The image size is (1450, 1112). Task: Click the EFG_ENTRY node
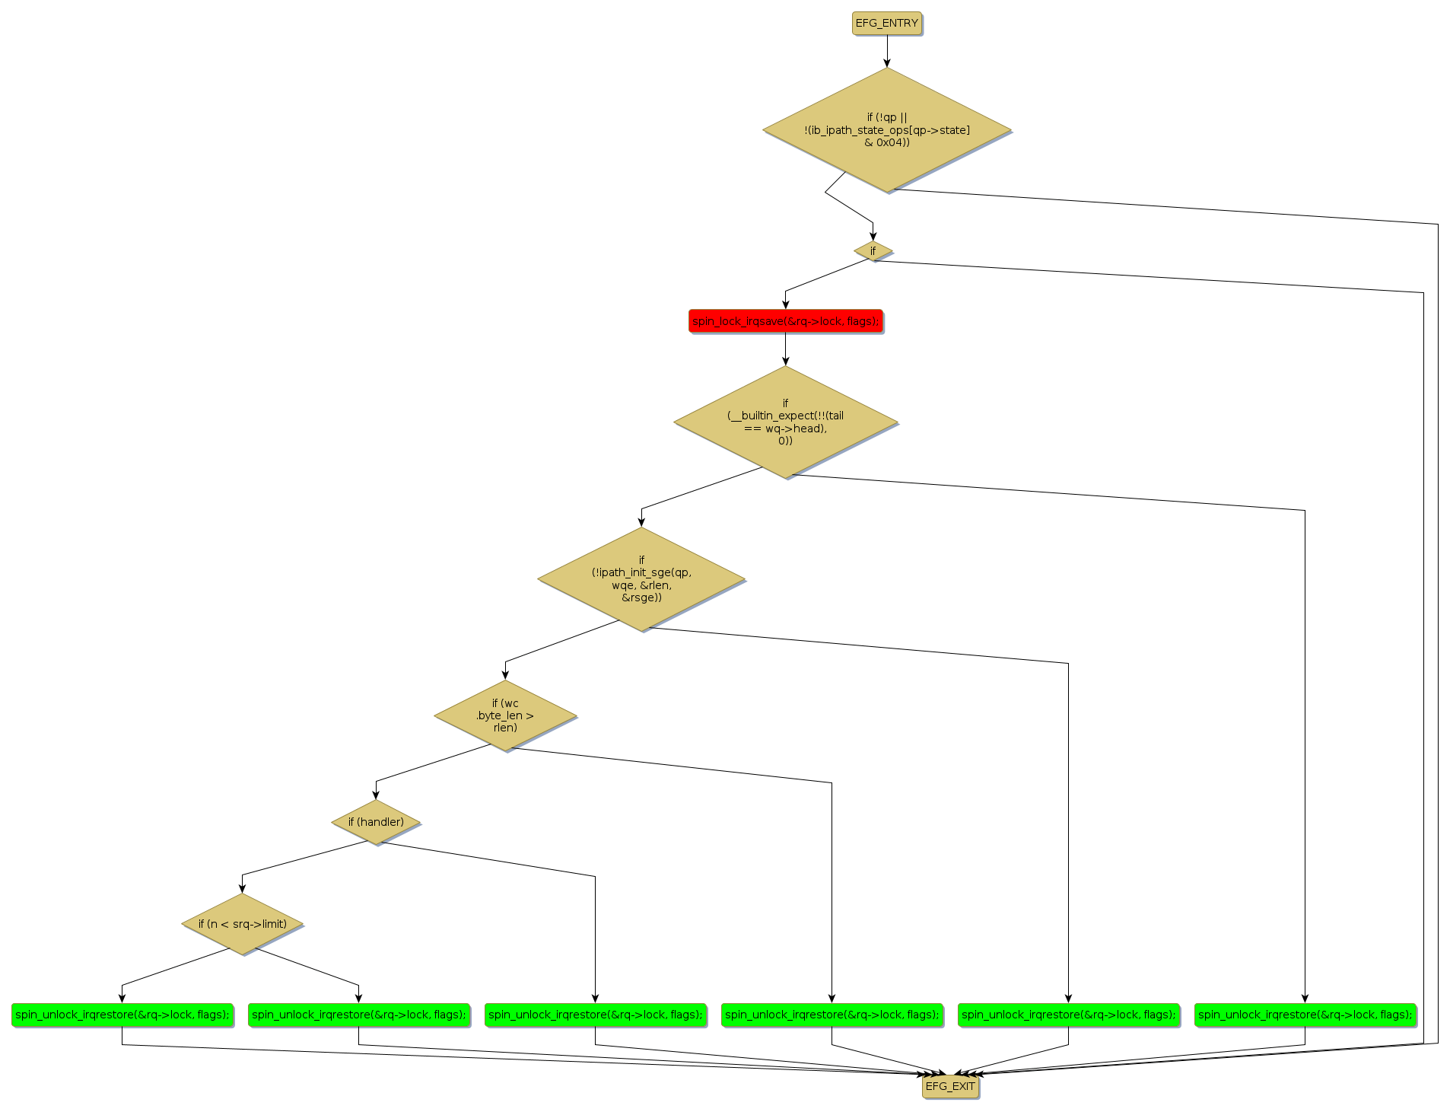(x=886, y=23)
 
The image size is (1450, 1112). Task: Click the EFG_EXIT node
(x=949, y=1086)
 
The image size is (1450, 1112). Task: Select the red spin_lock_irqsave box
(x=785, y=321)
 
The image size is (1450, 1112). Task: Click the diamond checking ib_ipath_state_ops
(x=886, y=129)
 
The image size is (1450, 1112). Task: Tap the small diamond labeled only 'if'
(x=873, y=250)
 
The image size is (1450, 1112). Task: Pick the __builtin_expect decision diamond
(x=785, y=422)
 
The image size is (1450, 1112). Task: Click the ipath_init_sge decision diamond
(x=641, y=579)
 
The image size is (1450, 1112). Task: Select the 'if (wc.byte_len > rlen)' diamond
(x=505, y=715)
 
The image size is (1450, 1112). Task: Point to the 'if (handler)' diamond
(x=376, y=822)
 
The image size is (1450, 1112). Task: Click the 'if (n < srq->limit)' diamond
(x=243, y=924)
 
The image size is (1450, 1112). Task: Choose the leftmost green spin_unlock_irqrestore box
(x=122, y=1015)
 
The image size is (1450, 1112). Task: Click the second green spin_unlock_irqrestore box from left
(x=358, y=1015)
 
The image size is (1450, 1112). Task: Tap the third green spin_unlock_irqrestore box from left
(x=595, y=1015)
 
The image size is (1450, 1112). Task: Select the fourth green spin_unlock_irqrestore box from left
(x=832, y=1015)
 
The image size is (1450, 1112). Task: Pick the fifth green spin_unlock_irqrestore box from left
(x=1068, y=1015)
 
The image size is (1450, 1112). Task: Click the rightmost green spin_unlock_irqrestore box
(x=1305, y=1015)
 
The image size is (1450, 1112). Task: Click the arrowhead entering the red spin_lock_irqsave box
(x=785, y=304)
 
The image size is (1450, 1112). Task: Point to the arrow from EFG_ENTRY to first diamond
(x=886, y=50)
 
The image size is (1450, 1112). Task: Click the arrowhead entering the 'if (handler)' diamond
(x=376, y=795)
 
